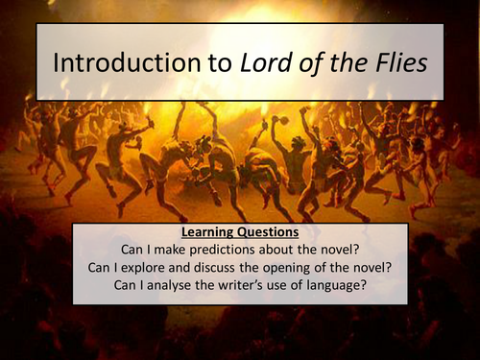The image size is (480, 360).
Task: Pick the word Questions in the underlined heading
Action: tap(278, 232)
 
